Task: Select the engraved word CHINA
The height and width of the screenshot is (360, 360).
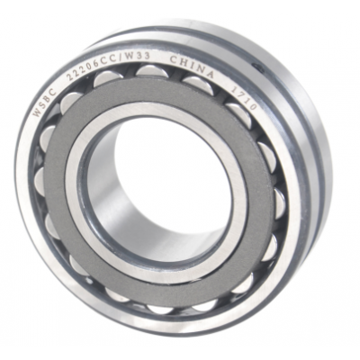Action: pos(193,67)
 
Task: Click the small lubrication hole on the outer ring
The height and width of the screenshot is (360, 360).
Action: pos(257,67)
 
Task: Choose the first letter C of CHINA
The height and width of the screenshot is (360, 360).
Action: pos(175,60)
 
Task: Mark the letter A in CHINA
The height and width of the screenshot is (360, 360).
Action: pos(210,74)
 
